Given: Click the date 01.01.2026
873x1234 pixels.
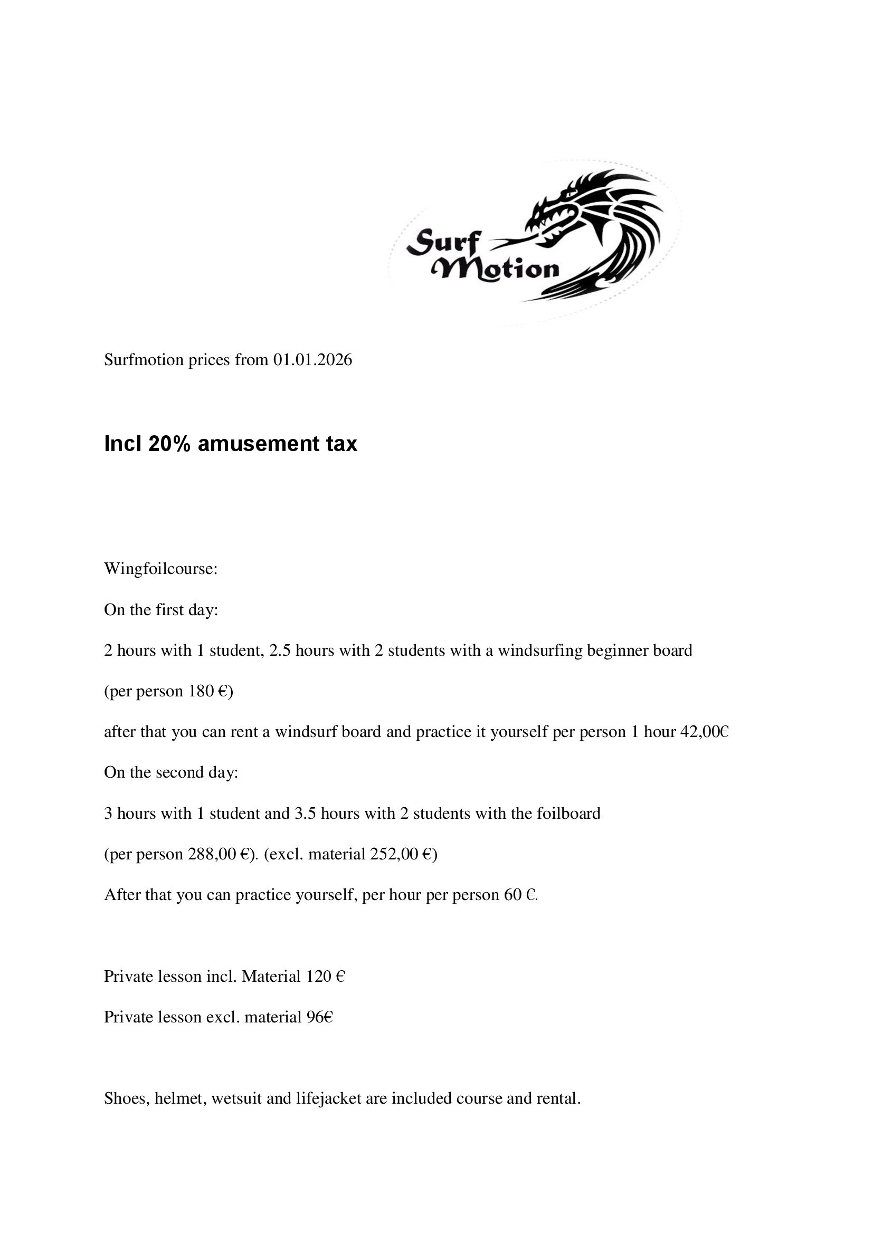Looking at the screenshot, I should pos(312,360).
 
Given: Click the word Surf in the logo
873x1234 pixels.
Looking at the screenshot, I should pos(442,242).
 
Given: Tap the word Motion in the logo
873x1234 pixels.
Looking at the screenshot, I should pos(497,269).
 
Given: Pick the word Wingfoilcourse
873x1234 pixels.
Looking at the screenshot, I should pos(160,569).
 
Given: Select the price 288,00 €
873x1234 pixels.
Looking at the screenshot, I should pos(221,854).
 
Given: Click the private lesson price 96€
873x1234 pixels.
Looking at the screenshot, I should pos(320,1017).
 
